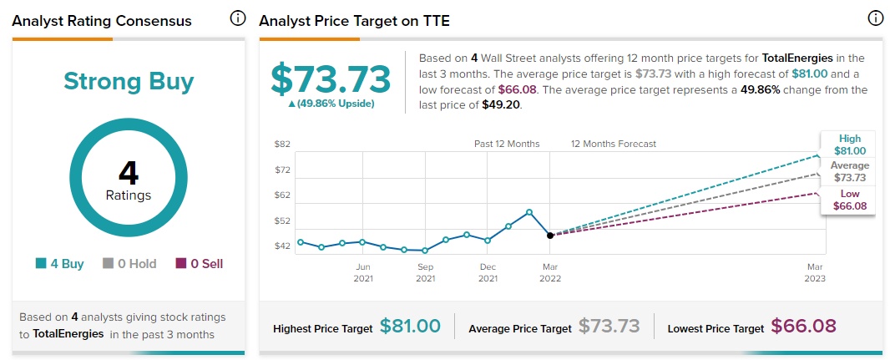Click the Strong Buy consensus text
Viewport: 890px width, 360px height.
pos(129,82)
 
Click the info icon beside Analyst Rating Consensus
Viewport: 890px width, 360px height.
pos(238,18)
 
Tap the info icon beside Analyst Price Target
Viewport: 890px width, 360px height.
pos(875,18)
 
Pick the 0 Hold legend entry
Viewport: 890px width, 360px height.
pos(129,264)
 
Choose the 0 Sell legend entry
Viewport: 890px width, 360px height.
pos(199,264)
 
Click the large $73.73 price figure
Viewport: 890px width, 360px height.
pos(331,79)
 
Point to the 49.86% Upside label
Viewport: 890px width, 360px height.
pos(331,104)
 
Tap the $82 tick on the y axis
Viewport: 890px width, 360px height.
pos(282,145)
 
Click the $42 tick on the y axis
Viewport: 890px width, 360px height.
pos(282,246)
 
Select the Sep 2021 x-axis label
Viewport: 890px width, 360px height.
pos(426,272)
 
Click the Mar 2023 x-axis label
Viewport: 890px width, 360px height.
pos(815,272)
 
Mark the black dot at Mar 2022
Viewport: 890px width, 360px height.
pos(549,236)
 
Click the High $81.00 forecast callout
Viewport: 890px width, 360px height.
pos(850,145)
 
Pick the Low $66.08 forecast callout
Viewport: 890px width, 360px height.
pos(850,200)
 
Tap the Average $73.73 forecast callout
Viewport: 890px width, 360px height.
pos(850,172)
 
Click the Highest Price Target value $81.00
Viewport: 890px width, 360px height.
pos(410,327)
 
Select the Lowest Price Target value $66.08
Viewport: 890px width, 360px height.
pos(803,327)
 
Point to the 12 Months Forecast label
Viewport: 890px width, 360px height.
pos(614,144)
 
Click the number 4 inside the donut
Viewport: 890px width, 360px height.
pos(129,172)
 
